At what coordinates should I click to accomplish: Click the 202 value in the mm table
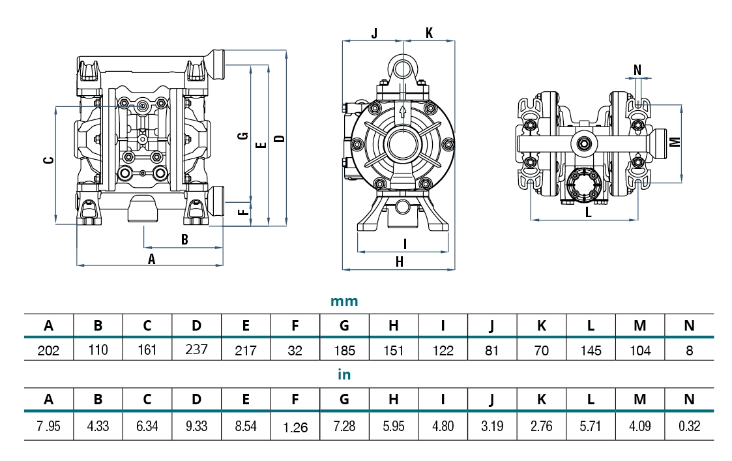49,351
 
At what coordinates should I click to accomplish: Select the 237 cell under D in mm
197,349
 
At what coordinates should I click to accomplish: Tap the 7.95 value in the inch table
49,426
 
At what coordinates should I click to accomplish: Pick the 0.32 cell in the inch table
689,426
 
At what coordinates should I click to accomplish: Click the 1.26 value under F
295,428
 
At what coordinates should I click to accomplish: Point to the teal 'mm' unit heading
344,301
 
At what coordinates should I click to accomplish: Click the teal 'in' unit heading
344,375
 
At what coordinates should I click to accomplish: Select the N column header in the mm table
689,325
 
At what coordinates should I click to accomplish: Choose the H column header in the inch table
394,399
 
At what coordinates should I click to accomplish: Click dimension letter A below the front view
152,259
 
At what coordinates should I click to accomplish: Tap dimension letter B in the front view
184,240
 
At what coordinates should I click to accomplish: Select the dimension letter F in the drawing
242,212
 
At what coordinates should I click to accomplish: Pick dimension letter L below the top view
588,213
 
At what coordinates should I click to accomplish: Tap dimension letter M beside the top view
675,141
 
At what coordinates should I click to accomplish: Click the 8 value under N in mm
689,351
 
